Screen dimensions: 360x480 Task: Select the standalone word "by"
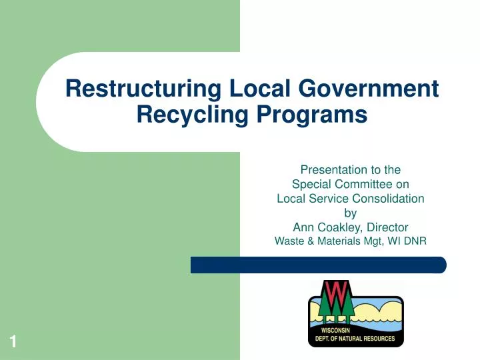(x=350, y=213)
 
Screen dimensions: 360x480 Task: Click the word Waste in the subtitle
(x=289, y=242)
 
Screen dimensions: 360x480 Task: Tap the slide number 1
(x=13, y=343)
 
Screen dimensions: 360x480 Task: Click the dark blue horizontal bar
(x=318, y=265)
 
